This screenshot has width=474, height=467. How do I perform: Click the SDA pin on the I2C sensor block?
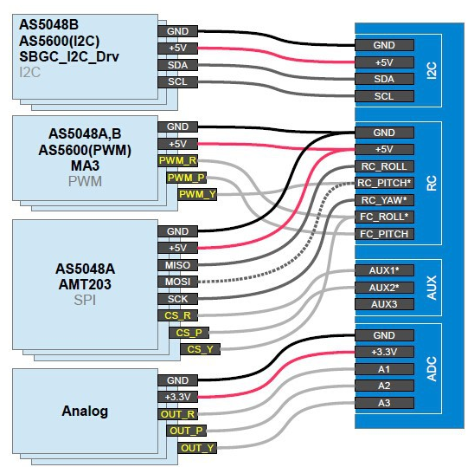[x=178, y=65]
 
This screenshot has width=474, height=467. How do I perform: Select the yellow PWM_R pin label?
[x=178, y=160]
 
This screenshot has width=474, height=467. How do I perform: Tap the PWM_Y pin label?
[x=197, y=194]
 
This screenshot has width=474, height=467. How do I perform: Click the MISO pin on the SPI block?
[x=178, y=265]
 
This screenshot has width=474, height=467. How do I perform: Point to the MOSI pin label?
[x=178, y=282]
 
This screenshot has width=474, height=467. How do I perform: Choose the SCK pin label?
[x=178, y=299]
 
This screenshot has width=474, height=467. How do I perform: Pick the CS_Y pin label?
[x=200, y=349]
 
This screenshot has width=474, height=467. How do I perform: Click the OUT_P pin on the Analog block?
[x=186, y=431]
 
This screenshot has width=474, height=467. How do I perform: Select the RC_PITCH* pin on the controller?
[x=384, y=183]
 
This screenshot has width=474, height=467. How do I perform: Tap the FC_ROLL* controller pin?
[x=384, y=217]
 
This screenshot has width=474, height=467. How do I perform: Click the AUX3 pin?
[x=384, y=304]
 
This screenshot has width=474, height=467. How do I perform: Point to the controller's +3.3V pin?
[x=384, y=352]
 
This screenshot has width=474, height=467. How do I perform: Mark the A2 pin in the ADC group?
[x=384, y=386]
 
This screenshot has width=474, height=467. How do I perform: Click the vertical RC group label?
[x=432, y=183]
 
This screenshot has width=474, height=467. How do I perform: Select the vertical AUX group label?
[x=432, y=288]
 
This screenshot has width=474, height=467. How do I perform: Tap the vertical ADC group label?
[x=432, y=369]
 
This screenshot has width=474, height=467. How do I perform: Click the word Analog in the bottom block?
[x=85, y=412]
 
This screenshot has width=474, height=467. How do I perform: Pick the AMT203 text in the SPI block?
[x=85, y=284]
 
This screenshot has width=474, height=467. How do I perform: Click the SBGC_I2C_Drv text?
[x=69, y=57]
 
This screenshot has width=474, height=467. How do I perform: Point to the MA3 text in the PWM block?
[x=85, y=165]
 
